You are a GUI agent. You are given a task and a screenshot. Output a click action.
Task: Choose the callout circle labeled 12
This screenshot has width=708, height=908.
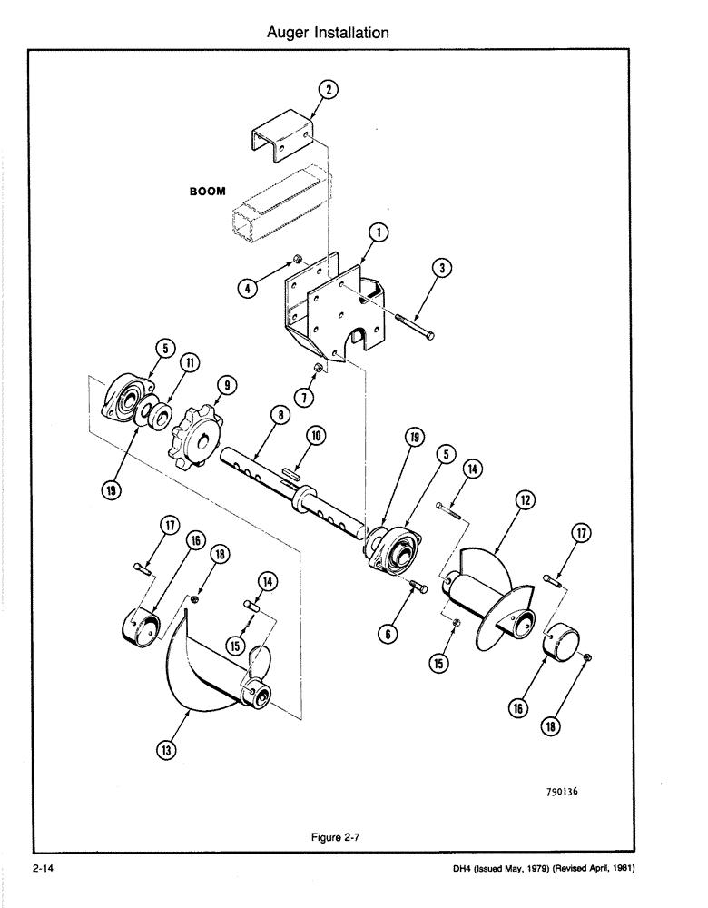(x=525, y=499)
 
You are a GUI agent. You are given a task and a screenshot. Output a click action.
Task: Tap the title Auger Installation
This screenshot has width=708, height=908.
(x=328, y=33)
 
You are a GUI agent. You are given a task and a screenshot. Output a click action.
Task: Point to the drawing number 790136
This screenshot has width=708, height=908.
(x=556, y=791)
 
